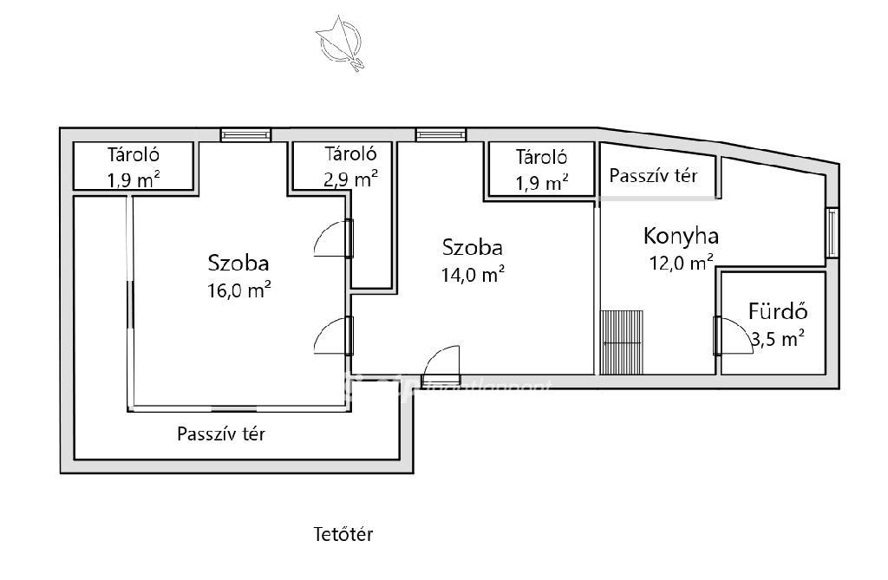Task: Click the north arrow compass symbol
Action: coord(340,43)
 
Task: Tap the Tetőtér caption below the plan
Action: coord(343,534)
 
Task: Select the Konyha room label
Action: coord(682,236)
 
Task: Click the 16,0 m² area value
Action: coord(239,290)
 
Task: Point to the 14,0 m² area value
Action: coord(473,275)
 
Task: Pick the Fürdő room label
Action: coord(778,311)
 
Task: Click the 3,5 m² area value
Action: coord(778,339)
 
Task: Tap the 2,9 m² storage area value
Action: coord(350,179)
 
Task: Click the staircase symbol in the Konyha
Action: coord(622,342)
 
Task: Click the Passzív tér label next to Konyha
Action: coord(653,176)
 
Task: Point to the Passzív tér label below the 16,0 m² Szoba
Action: coord(221,434)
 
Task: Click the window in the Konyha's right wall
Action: coord(832,233)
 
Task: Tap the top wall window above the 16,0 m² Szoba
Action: coord(245,134)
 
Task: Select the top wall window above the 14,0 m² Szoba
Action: coord(441,134)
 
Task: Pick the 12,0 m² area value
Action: coord(682,263)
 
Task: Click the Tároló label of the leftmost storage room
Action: coord(134,154)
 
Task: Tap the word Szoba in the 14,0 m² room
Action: coord(473,248)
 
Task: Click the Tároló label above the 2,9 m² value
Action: coord(350,153)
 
